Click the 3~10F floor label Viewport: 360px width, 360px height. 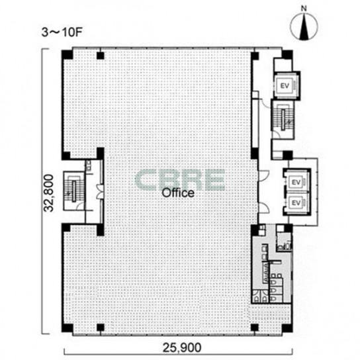click(x=62, y=32)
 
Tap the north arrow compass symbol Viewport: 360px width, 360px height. click(x=304, y=26)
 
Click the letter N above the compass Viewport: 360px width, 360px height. click(x=304, y=9)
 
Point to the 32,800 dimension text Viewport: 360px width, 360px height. click(x=49, y=193)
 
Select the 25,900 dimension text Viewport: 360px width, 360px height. click(x=182, y=347)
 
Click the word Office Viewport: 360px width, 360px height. click(x=178, y=193)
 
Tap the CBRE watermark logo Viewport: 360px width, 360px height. click(x=180, y=179)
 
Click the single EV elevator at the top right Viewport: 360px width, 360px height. click(x=285, y=85)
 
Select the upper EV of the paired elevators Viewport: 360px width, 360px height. click(x=296, y=182)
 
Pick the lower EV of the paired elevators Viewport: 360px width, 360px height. click(x=296, y=203)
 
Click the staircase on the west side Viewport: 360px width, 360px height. click(x=74, y=191)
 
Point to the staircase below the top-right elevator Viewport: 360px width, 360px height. click(x=283, y=119)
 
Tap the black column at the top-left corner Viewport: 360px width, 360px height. click(x=67, y=55)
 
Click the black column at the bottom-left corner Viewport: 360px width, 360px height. click(x=67, y=328)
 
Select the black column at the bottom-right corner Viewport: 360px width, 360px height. click(x=287, y=328)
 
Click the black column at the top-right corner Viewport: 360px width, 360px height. click(x=287, y=55)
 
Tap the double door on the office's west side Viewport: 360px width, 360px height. click(x=100, y=191)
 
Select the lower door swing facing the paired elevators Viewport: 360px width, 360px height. click(x=263, y=208)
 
